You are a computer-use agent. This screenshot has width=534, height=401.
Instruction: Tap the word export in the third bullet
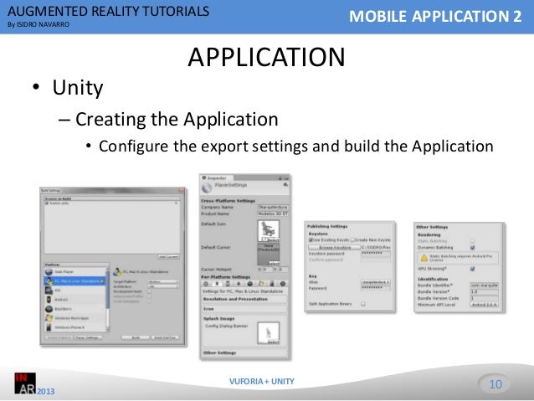click(232, 146)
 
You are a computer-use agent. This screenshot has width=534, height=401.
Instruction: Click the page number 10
click(494, 384)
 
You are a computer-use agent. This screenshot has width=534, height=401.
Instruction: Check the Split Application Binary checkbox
click(363, 305)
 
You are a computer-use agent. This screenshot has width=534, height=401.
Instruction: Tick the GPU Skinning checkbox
click(474, 269)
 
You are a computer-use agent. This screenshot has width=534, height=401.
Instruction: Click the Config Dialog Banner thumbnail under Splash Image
click(270, 333)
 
